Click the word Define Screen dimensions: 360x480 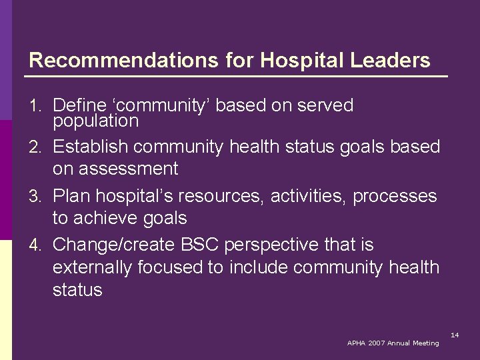[80, 105]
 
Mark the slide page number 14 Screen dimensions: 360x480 [455, 334]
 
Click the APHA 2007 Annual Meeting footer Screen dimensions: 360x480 [393, 343]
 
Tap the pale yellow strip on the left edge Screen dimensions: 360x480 [6, 300]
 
